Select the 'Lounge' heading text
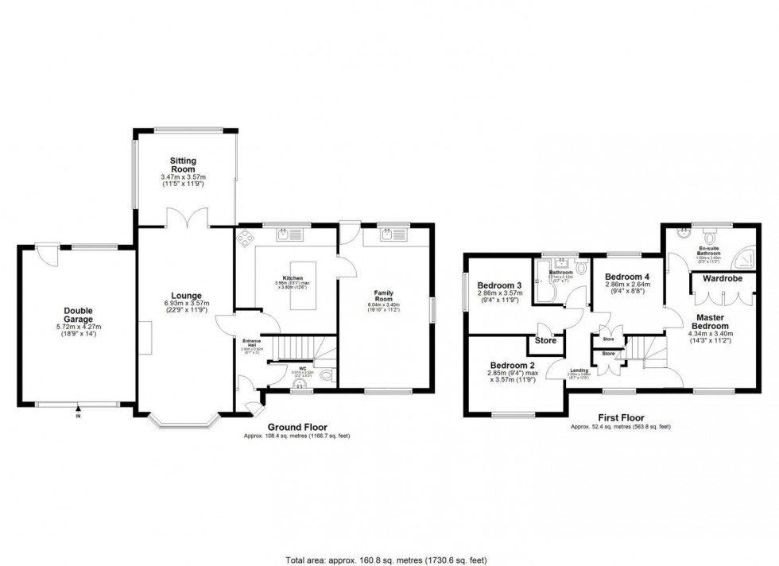tap(184, 296)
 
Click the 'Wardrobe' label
tap(722, 278)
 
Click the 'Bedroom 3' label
tap(500, 286)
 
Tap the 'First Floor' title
tap(620, 418)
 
